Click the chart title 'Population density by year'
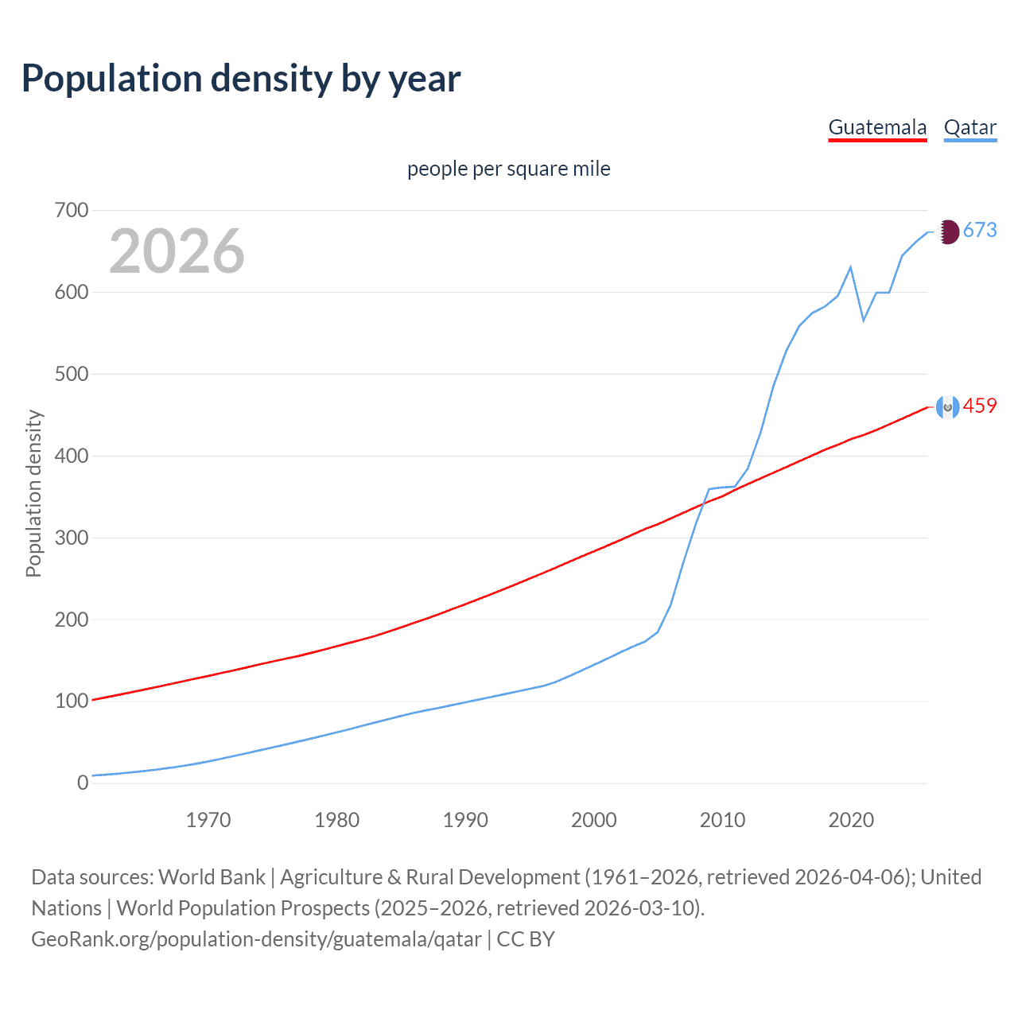click(241, 79)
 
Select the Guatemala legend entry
click(877, 127)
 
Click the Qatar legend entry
click(969, 127)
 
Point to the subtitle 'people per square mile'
click(508, 169)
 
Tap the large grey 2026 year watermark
click(177, 251)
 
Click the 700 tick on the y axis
click(72, 211)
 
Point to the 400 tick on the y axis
click(72, 456)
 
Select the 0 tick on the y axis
click(83, 783)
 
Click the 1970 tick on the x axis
click(208, 820)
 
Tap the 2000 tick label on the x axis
click(593, 820)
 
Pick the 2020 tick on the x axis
click(851, 820)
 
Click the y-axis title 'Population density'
click(33, 493)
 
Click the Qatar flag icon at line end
click(947, 231)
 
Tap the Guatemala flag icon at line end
click(947, 407)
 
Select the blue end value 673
click(980, 231)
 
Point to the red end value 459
click(980, 406)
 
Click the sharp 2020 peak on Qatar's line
click(851, 267)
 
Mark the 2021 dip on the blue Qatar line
click(864, 321)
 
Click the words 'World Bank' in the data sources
click(212, 877)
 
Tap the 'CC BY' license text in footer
click(526, 939)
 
